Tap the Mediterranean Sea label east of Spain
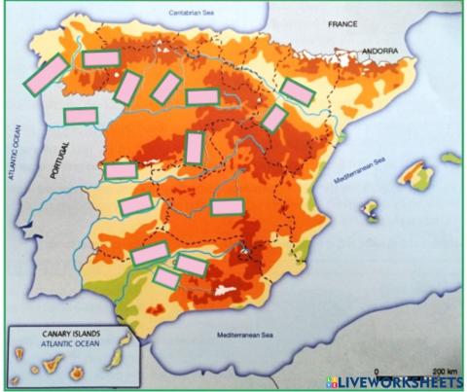(x=360, y=170)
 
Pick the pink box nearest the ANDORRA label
(x=298, y=90)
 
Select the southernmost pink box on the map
(x=166, y=278)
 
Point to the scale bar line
(x=409, y=377)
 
